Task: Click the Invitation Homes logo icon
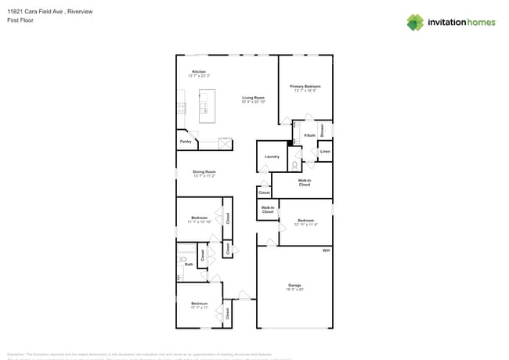415,22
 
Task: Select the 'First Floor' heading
18,20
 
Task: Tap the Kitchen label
199,71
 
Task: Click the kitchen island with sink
208,106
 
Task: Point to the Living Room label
253,97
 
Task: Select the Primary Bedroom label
305,86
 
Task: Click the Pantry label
186,142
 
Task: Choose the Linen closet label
325,151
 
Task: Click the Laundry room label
272,157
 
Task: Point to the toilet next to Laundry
294,164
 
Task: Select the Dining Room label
204,171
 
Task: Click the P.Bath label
309,136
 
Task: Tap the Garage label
294,285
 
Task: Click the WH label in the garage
326,250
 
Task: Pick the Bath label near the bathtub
189,264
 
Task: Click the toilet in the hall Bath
183,259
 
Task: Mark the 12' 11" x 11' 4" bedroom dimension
305,225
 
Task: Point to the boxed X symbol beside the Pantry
225,143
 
